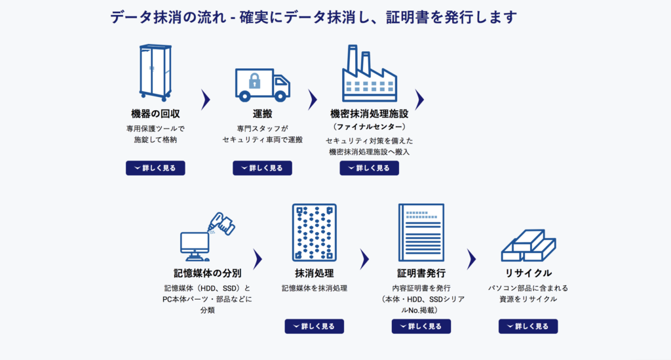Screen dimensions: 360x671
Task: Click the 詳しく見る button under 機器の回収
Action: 155,168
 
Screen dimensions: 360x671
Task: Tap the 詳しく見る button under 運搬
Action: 262,168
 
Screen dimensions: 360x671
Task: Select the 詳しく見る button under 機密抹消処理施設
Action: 369,168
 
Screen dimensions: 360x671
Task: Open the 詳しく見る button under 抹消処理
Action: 314,326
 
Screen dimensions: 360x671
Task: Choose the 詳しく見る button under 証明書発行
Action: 421,326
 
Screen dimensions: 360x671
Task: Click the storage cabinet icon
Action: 155,72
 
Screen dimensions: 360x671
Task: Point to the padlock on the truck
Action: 254,82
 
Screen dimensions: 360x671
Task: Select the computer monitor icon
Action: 195,243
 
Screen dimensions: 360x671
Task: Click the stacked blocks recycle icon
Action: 528,245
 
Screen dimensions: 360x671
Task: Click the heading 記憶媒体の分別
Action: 207,273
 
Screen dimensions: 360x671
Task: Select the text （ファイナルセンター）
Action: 369,126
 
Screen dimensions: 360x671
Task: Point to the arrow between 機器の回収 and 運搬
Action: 206,99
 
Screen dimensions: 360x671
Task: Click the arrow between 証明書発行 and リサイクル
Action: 471,259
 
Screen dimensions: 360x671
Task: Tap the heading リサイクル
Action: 528,273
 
